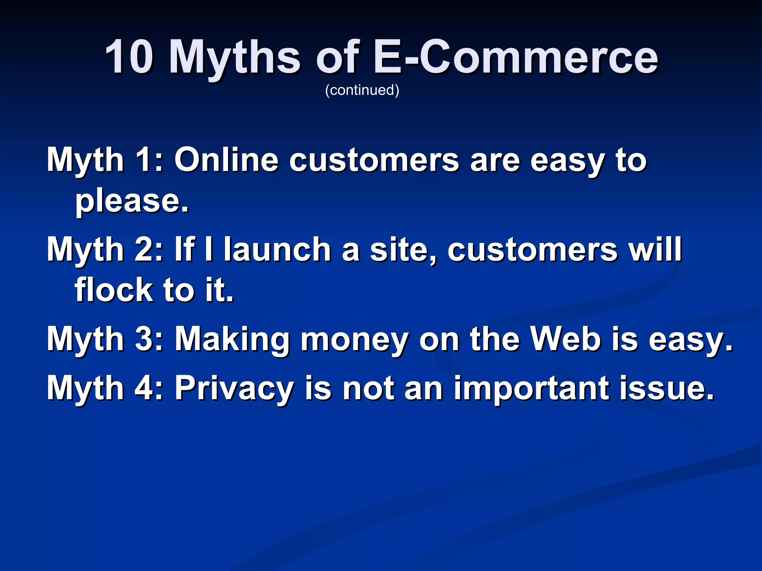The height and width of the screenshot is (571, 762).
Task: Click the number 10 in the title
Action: [x=129, y=57]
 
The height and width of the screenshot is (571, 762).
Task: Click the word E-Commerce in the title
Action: [x=516, y=57]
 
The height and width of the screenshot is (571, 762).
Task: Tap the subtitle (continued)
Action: [x=362, y=90]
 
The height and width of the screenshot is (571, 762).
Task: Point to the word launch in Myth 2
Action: [x=277, y=249]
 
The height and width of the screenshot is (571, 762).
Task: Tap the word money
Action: [x=354, y=339]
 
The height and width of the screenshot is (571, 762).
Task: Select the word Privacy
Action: [x=234, y=388]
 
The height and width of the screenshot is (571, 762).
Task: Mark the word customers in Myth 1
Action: [x=374, y=161]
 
